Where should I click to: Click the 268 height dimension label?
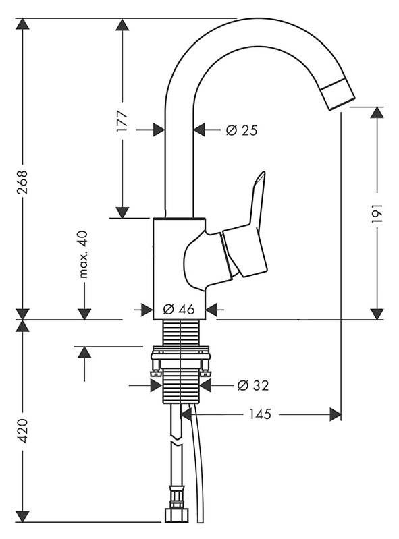pyautogui.click(x=23, y=182)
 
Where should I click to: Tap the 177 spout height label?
pyautogui.click(x=122, y=121)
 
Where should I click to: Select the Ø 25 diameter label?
pyautogui.click(x=242, y=130)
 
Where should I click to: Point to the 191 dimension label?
pyautogui.click(x=377, y=212)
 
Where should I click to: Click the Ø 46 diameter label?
pyautogui.click(x=179, y=309)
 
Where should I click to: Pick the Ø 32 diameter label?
pyautogui.click(x=253, y=385)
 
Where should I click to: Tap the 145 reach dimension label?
pyautogui.click(x=260, y=414)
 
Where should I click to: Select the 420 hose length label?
pyautogui.click(x=23, y=430)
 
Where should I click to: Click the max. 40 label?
pyautogui.click(x=84, y=254)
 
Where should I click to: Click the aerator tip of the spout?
pyautogui.click(x=338, y=94)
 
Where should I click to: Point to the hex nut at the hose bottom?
pyautogui.click(x=177, y=515)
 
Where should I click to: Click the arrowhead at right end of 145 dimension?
pyautogui.click(x=335, y=414)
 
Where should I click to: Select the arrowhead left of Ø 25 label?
pyautogui.click(x=159, y=130)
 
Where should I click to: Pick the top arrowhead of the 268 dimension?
pyautogui.click(x=23, y=24)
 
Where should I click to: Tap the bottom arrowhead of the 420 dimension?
pyautogui.click(x=23, y=516)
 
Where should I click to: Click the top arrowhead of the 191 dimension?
pyautogui.click(x=377, y=113)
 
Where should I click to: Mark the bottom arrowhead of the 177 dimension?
pyautogui.click(x=122, y=212)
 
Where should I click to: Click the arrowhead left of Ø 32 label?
pyautogui.click(x=156, y=385)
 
